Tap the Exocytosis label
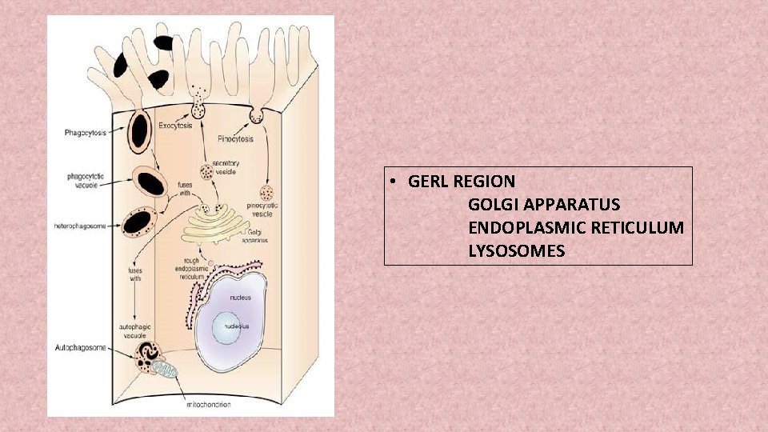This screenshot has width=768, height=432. tap(176, 126)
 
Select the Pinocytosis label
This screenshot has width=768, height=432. tap(235, 138)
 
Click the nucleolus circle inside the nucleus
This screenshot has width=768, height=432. tap(229, 326)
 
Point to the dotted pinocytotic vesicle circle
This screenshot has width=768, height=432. tap(268, 194)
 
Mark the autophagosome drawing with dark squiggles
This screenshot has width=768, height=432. tap(148, 357)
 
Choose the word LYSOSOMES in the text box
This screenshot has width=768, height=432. tap(517, 251)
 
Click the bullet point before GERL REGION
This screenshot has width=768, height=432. tap(395, 182)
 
